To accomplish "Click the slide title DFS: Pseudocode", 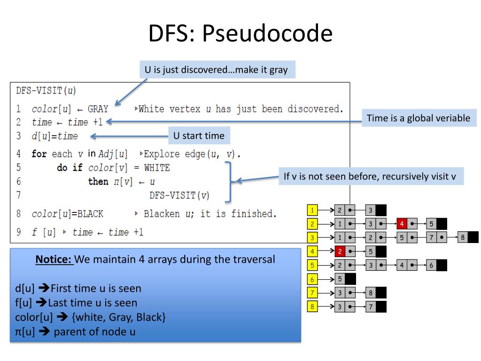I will tap(240, 34).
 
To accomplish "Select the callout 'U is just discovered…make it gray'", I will tap(216, 70).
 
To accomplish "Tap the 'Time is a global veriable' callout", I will tap(418, 118).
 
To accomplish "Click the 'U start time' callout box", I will tap(199, 136).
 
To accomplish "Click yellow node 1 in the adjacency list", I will tap(312, 210).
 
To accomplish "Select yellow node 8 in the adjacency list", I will tap(312, 307).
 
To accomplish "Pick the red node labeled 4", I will tap(402, 224).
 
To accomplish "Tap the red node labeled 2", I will tap(341, 251).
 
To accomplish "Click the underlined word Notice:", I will tap(54, 259).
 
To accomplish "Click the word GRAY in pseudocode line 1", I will tap(98, 109).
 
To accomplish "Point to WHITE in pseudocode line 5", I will tap(157, 168).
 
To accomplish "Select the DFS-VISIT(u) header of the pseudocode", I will tap(46, 90).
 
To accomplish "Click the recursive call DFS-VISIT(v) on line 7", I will tap(179, 195).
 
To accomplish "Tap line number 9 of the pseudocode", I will tap(18, 232).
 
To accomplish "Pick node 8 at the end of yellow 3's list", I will tap(463, 237).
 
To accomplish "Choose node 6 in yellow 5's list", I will tap(431, 266).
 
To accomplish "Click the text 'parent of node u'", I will tap(95, 331).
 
